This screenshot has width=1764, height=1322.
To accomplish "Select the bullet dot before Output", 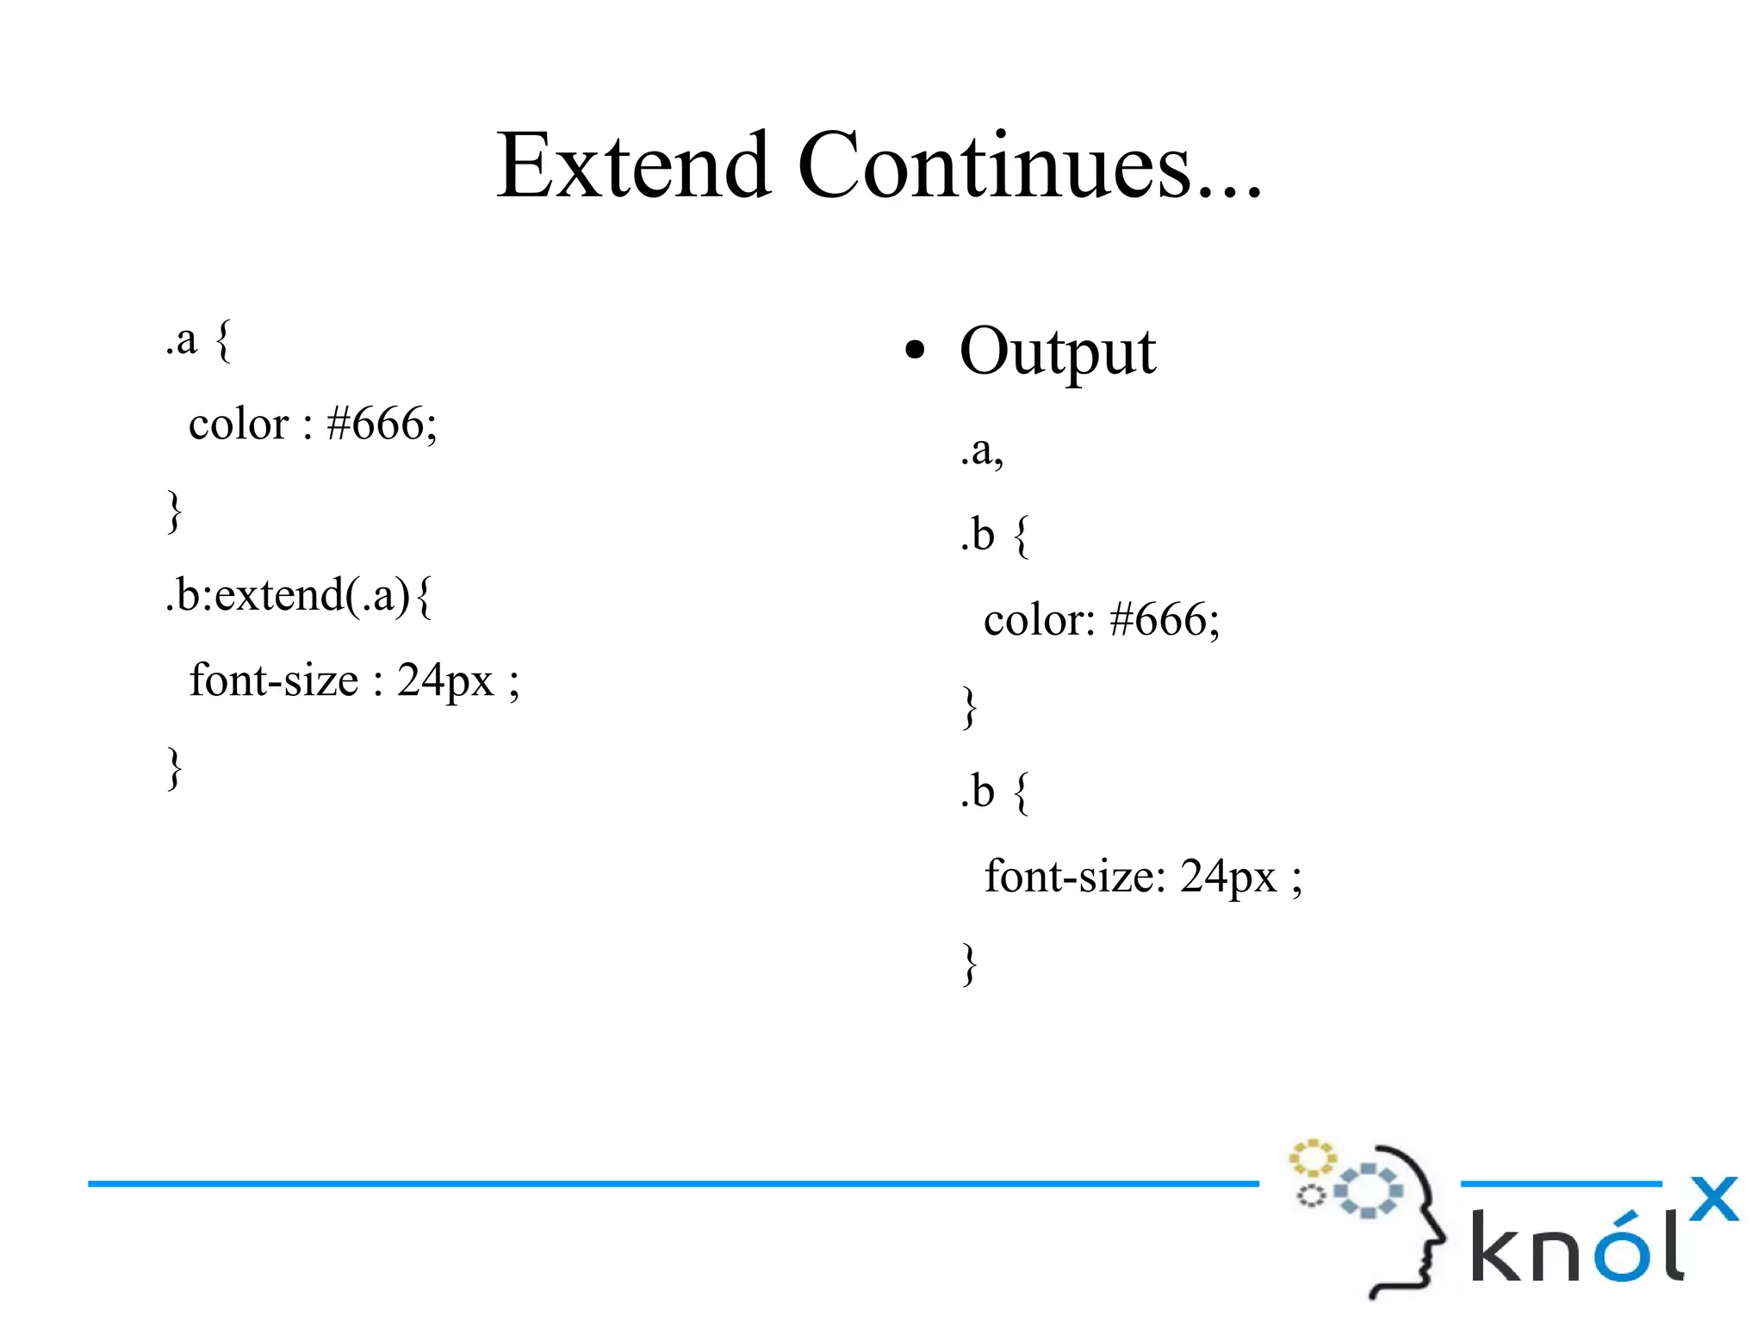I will coord(915,351).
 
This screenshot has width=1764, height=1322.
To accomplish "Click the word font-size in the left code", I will coord(273,680).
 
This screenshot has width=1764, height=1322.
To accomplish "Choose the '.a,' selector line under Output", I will coord(982,450).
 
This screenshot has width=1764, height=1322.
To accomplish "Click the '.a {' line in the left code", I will coord(198,340).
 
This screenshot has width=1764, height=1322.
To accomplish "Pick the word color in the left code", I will coord(239,424).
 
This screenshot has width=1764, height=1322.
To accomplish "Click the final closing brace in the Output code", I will coord(970,963).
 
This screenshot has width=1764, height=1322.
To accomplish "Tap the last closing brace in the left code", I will coord(175,767).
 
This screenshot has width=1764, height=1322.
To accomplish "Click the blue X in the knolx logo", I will coord(1713,1199).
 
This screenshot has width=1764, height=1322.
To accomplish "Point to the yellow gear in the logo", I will coord(1311,1158).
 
